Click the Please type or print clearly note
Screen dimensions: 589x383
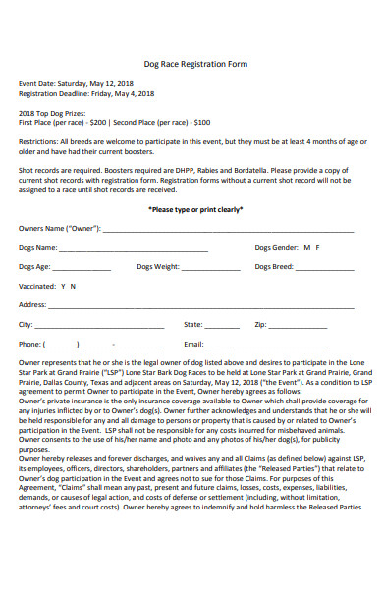pyautogui.click(x=195, y=209)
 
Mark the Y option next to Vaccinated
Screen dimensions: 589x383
pyautogui.click(x=63, y=286)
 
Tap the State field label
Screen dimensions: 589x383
pyautogui.click(x=193, y=324)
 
